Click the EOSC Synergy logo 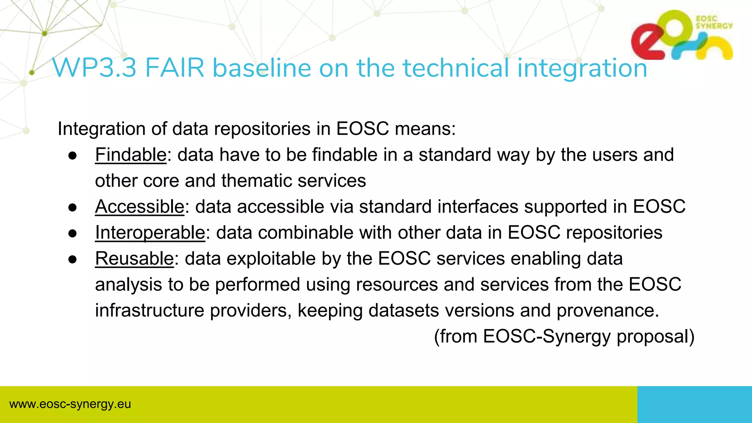pyautogui.click(x=682, y=35)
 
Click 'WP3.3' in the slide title pyautogui.click(x=94, y=68)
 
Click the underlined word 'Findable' pyautogui.click(x=131, y=155)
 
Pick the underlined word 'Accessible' pyautogui.click(x=140, y=206)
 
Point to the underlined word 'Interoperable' pyautogui.click(x=150, y=232)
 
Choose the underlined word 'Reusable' pyautogui.click(x=134, y=258)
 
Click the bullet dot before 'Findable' pyautogui.click(x=73, y=156)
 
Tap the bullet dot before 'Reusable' pyautogui.click(x=73, y=260)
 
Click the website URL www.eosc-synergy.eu pyautogui.click(x=70, y=404)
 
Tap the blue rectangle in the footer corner pyautogui.click(x=694, y=404)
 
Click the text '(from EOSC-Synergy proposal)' pyautogui.click(x=564, y=336)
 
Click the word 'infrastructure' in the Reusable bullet pyautogui.click(x=149, y=310)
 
